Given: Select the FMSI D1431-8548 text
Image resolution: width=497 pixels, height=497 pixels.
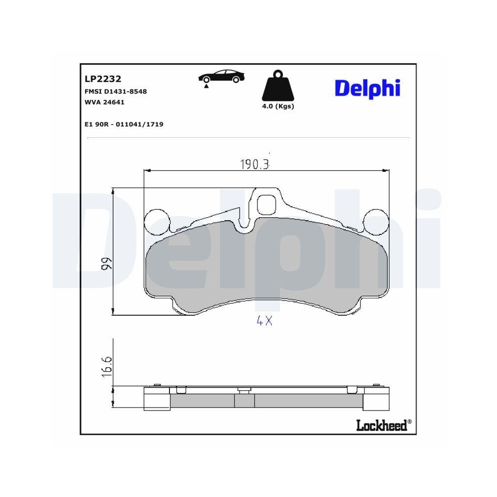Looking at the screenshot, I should tap(116, 91).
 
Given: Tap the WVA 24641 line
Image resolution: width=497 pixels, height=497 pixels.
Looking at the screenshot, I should tap(104, 102).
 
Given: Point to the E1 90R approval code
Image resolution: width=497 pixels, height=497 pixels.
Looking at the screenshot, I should tap(124, 124).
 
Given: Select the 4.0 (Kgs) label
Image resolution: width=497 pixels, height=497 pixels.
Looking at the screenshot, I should tap(278, 106).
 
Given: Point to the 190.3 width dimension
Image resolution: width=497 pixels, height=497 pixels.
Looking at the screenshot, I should tap(254, 165).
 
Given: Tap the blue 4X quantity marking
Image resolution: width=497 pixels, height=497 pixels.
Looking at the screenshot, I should tap(264, 321).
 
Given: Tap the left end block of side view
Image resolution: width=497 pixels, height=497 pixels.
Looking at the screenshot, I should tap(157, 400).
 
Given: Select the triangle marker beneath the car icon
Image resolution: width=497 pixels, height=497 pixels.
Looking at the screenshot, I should tap(205, 86).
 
